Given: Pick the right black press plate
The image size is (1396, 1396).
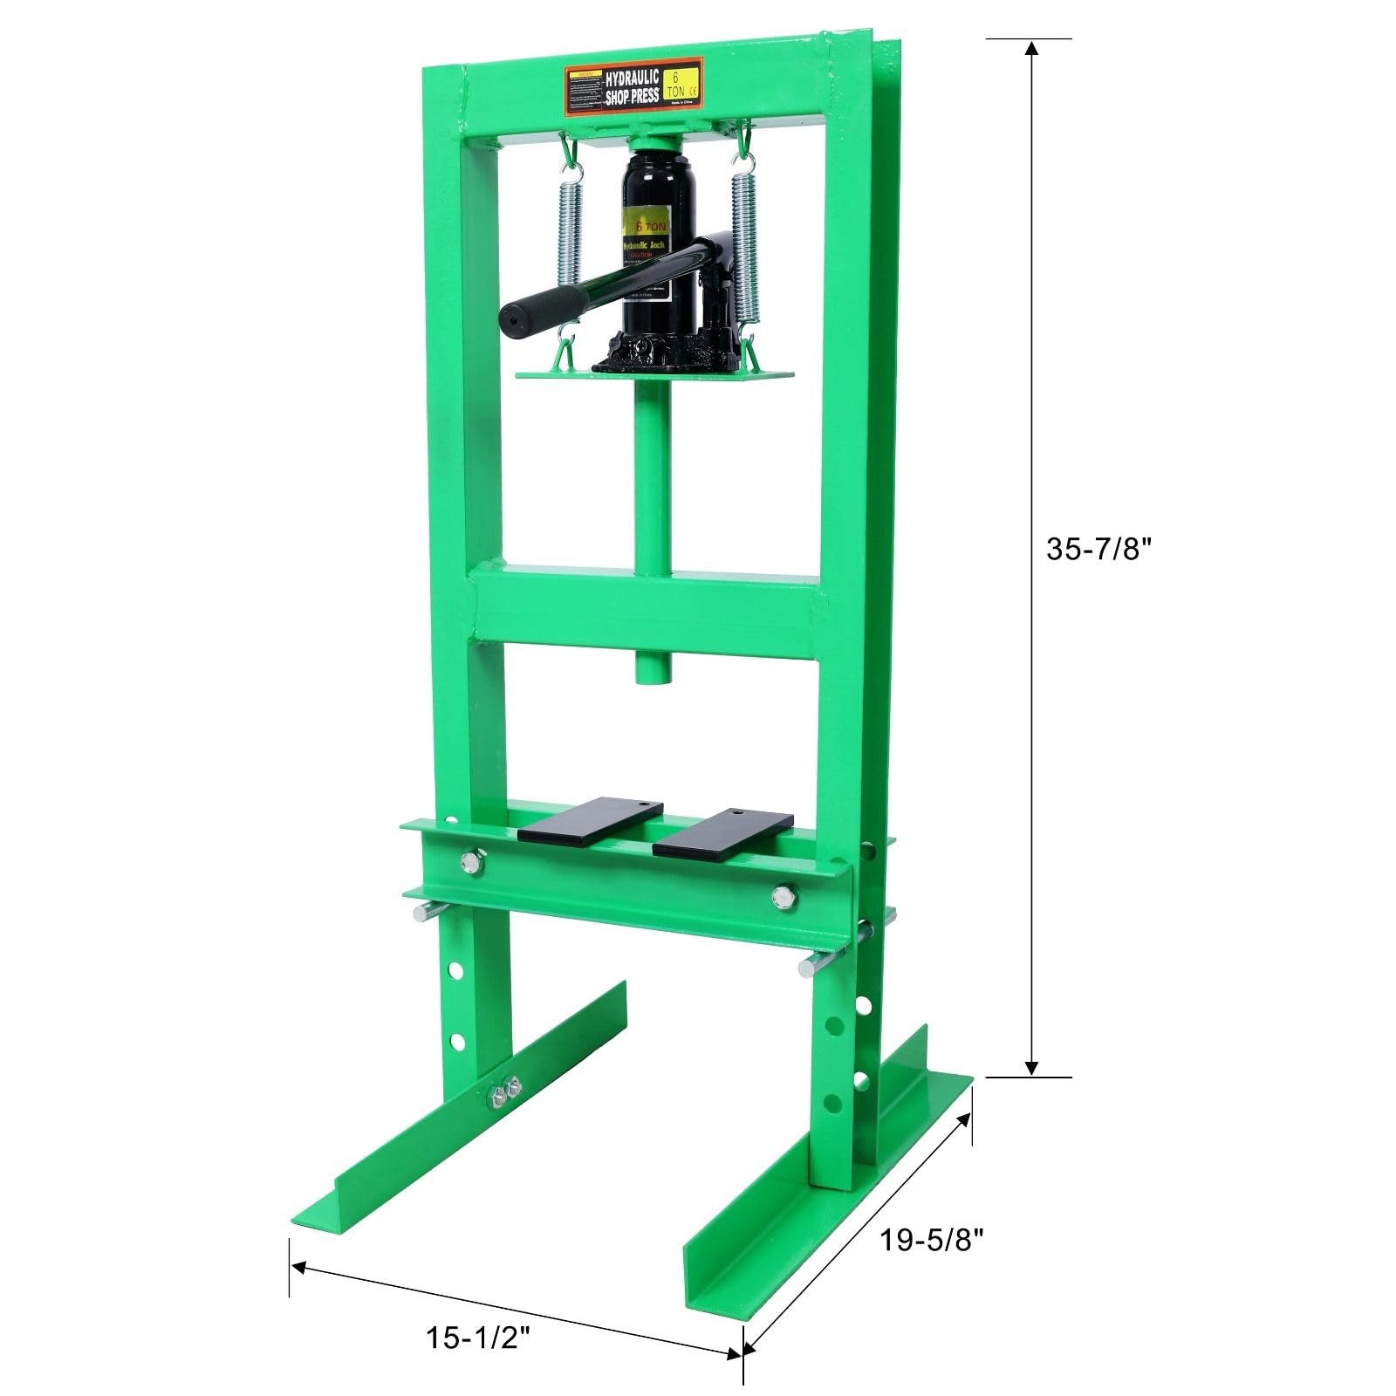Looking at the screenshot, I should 723,831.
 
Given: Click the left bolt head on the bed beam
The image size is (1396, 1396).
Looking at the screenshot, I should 471,863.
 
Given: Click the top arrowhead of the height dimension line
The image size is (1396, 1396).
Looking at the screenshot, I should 1031,47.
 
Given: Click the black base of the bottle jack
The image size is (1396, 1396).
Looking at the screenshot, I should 667,356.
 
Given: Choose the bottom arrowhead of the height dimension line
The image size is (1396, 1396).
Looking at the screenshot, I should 1031,1068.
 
